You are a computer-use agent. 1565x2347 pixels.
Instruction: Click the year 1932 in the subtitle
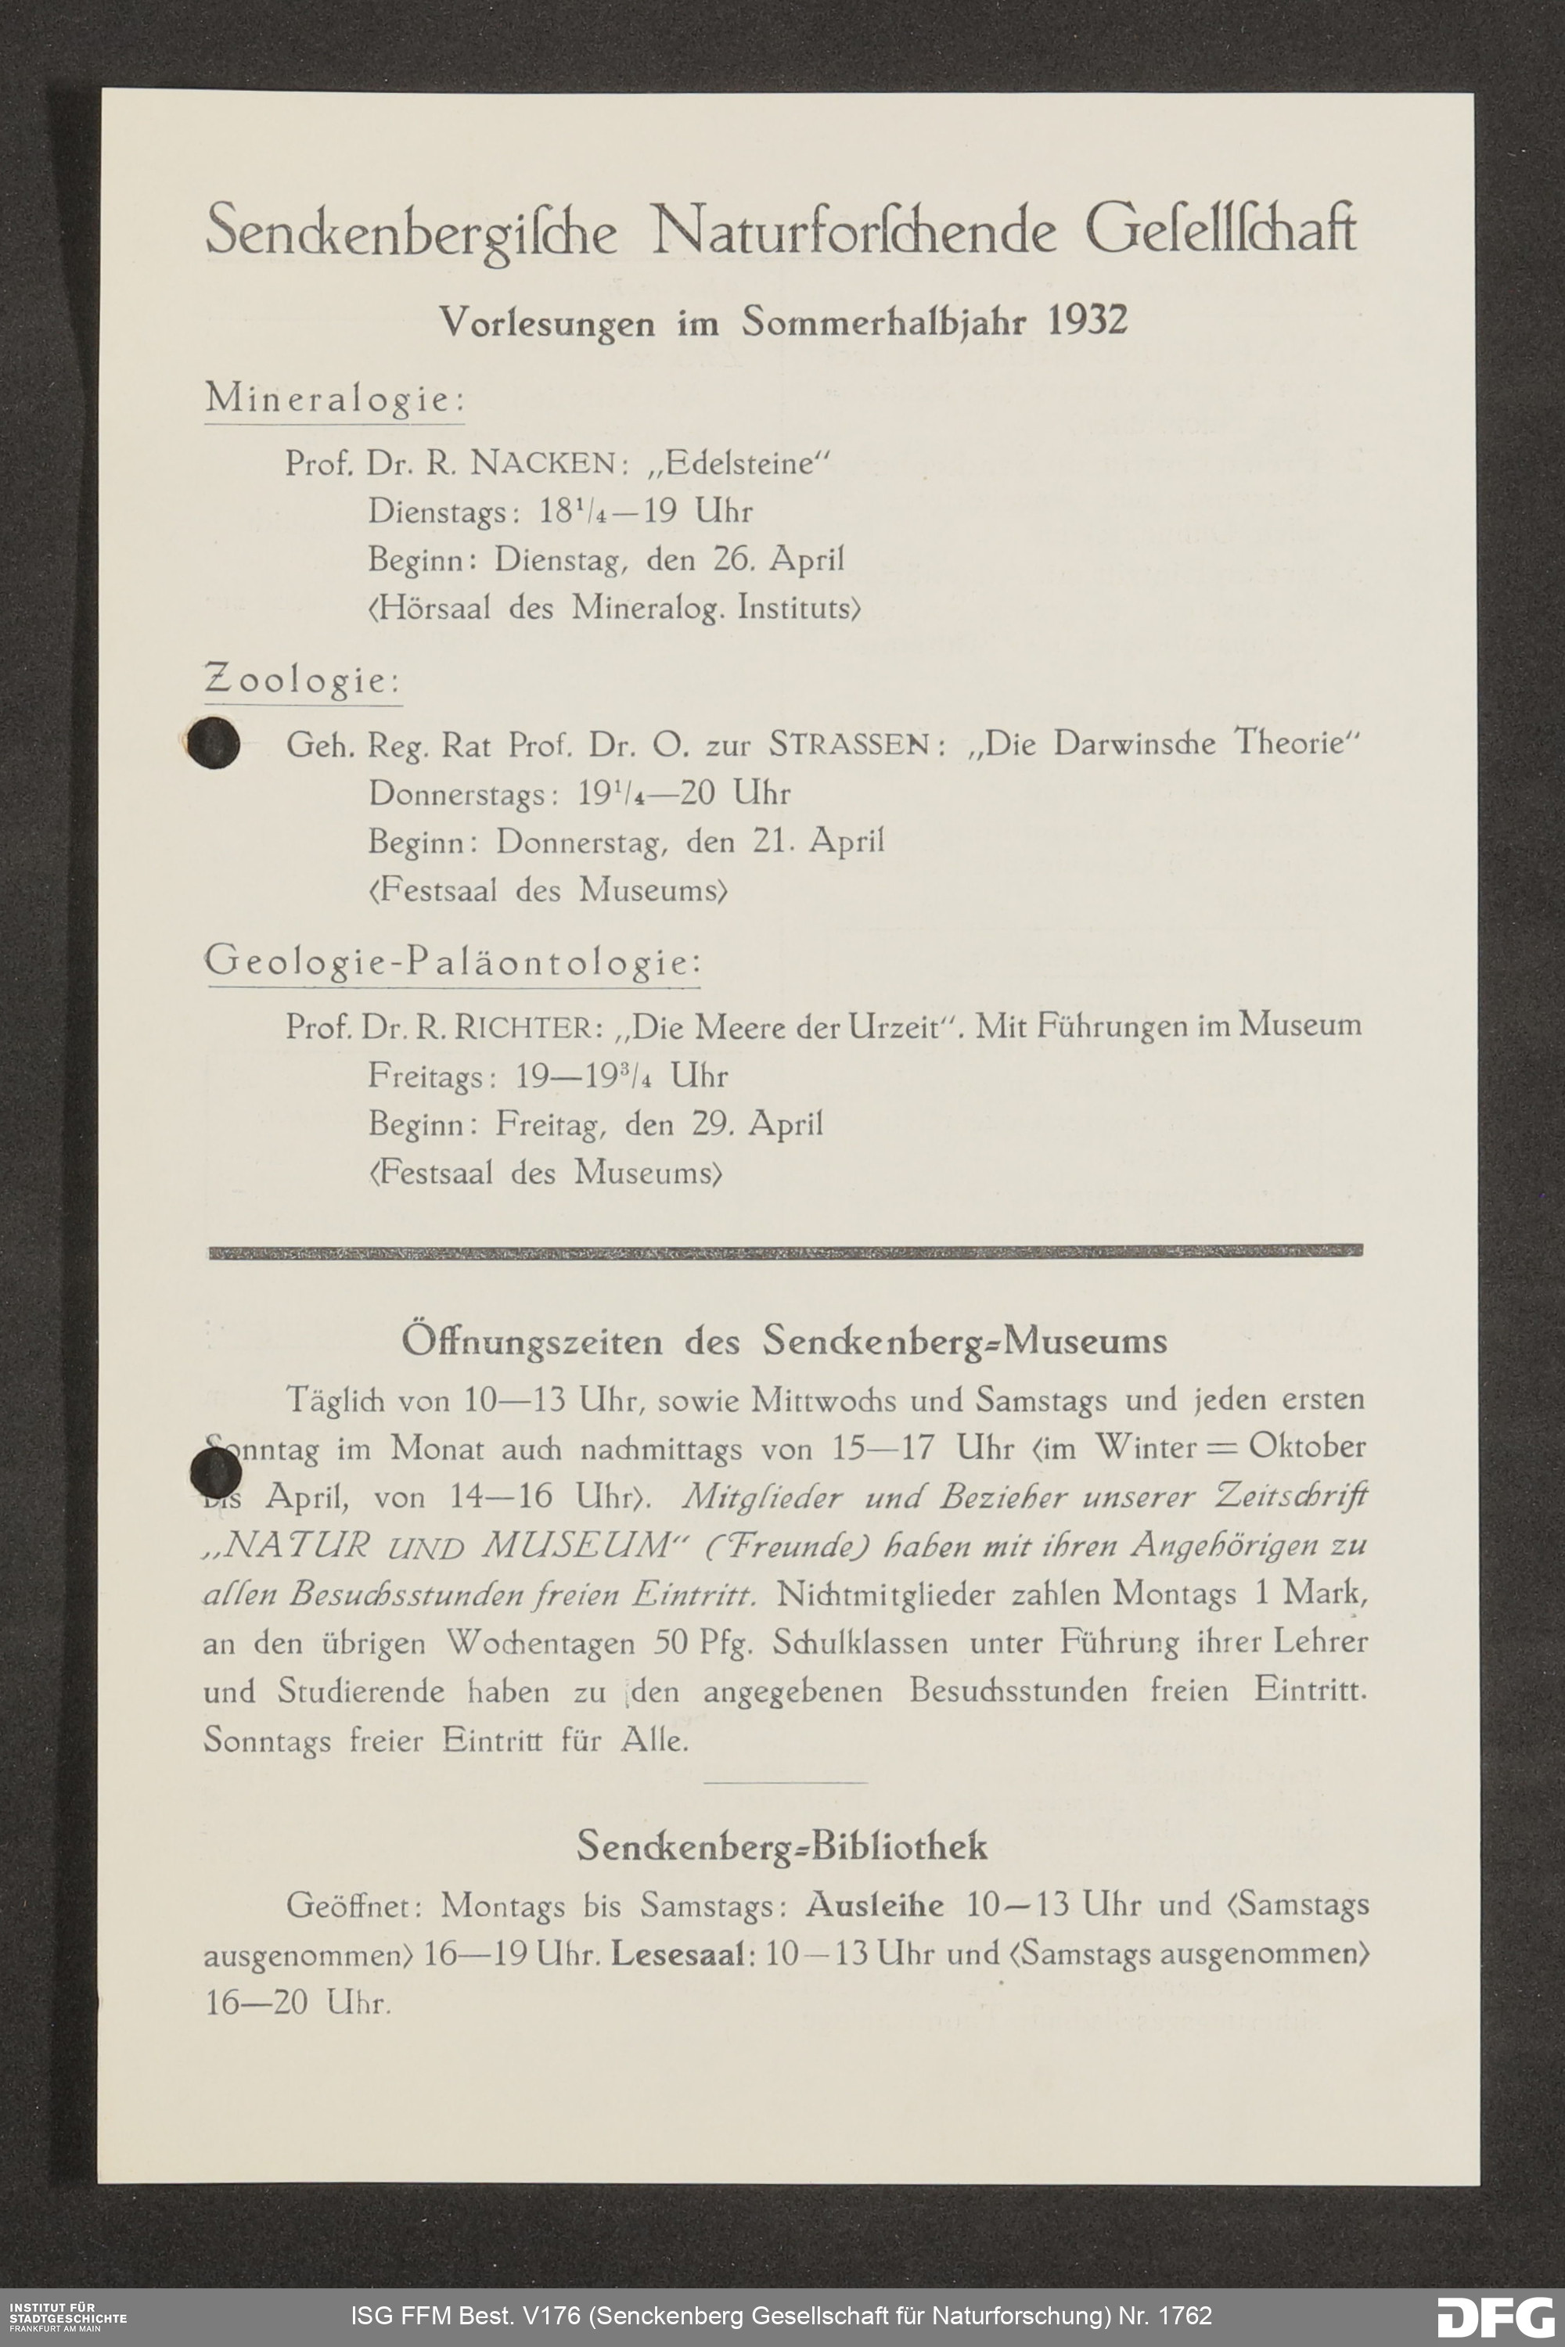[1088, 322]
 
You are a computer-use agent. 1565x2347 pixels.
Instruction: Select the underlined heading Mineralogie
[334, 399]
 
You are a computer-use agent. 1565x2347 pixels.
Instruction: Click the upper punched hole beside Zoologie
[214, 743]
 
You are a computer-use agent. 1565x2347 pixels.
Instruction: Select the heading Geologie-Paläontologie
[452, 963]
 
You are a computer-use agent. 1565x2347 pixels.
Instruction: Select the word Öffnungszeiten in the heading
[531, 1341]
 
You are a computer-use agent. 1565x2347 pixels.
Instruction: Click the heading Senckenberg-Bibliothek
[782, 1847]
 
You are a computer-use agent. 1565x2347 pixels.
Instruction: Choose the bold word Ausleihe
[874, 1905]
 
